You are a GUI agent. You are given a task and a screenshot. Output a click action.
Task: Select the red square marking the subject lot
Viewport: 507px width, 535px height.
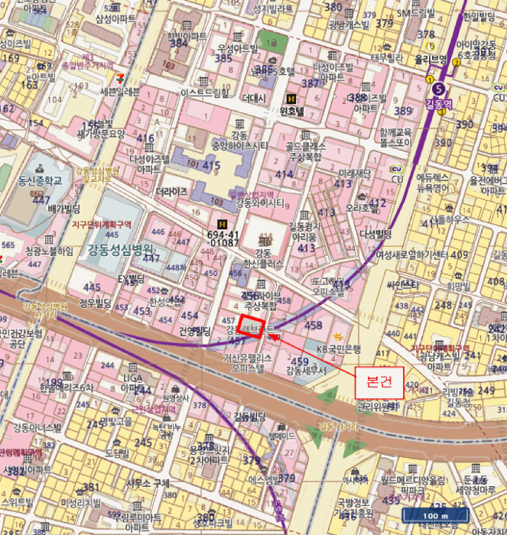point(251,326)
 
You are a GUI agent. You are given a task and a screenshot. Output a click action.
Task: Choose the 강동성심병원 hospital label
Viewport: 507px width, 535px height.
point(120,249)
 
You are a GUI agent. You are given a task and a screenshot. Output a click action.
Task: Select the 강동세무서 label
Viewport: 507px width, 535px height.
point(305,370)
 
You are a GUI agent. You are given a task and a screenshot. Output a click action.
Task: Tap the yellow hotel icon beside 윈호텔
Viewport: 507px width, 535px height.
point(291,99)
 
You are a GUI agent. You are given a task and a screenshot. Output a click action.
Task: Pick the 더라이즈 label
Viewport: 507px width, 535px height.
point(171,192)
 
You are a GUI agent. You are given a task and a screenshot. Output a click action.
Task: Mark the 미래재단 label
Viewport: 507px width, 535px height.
point(356,173)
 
